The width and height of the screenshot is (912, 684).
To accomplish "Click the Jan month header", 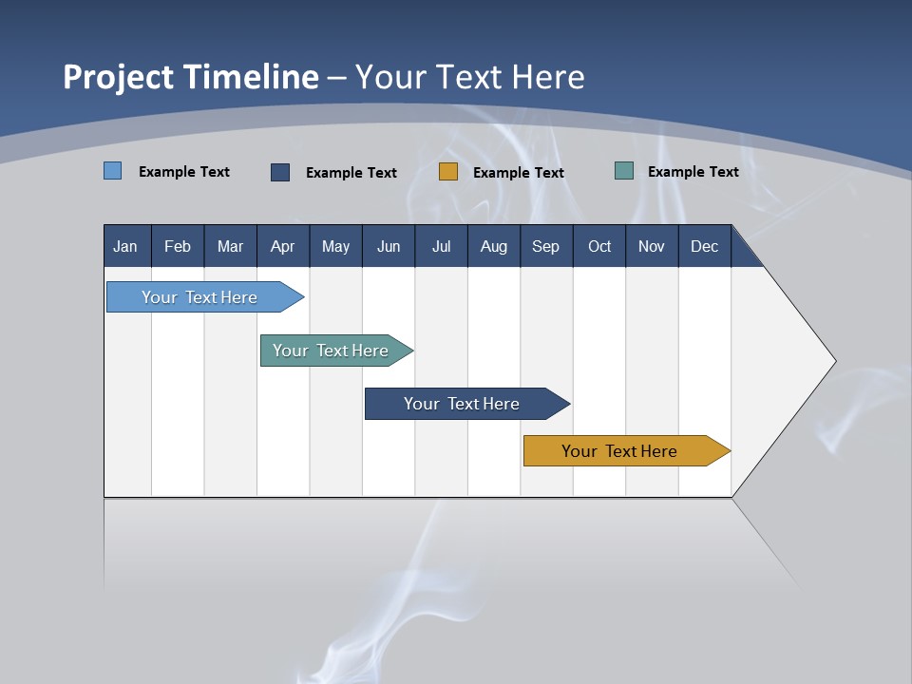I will [126, 246].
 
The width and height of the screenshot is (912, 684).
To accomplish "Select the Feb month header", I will [178, 246].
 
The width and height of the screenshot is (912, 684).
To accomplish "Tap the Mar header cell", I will [230, 246].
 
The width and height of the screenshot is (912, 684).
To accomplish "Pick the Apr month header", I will [283, 246].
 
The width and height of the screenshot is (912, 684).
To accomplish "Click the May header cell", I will [335, 246].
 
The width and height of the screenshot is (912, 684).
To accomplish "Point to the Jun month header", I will [389, 246].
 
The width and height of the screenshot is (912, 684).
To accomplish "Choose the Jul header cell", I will [441, 246].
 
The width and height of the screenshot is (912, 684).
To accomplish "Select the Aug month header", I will [494, 246].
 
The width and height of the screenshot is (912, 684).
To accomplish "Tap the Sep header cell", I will [546, 246].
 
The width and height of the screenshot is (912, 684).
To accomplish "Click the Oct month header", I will [599, 246].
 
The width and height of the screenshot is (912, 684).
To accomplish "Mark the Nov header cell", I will [652, 246].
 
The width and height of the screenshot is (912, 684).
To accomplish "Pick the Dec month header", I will [705, 246].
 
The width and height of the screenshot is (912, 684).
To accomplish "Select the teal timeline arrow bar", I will [332, 351].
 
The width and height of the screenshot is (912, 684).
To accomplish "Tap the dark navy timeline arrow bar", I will [463, 404].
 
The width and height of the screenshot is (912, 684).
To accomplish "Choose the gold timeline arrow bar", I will [622, 451].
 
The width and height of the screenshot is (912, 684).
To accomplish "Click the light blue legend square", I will [113, 171].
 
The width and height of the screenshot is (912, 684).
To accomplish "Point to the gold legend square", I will [448, 172].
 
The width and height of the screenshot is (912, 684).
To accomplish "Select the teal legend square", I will [624, 171].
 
